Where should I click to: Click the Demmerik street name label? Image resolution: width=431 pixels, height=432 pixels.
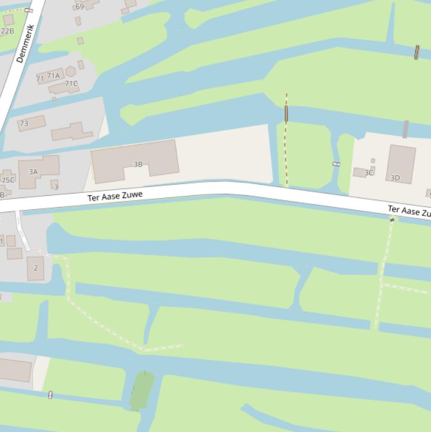[25, 43]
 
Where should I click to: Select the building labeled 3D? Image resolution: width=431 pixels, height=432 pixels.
[401, 163]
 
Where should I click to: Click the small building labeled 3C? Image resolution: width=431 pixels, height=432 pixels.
[360, 173]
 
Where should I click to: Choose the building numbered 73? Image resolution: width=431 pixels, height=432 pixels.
[31, 123]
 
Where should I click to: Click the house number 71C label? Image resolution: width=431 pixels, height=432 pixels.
[71, 84]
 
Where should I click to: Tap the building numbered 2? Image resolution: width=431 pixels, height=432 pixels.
[35, 268]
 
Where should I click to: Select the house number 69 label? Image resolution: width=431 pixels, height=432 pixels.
[80, 7]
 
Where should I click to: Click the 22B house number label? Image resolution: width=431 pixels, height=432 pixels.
[7, 31]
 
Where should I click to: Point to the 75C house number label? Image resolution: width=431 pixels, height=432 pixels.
[8, 180]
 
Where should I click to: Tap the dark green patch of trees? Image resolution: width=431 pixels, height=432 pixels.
[142, 390]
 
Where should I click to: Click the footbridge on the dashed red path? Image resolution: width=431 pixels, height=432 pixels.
[286, 113]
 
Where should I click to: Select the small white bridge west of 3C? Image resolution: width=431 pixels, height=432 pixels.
[336, 164]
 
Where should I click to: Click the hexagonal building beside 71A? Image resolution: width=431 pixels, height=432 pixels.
[71, 71]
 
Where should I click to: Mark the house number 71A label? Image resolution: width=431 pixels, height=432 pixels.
[53, 76]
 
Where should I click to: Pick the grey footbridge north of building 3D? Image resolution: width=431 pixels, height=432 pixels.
[405, 128]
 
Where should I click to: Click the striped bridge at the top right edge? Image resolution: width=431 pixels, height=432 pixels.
[416, 52]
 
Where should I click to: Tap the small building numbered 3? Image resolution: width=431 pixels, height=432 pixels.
[55, 185]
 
